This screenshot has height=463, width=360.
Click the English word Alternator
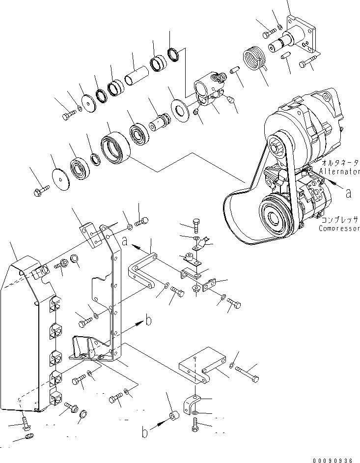[x=340, y=172]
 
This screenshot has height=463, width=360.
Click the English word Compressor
[x=339, y=228]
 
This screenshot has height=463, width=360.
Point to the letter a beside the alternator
[x=348, y=193]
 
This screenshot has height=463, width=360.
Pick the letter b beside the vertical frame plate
[x=148, y=321]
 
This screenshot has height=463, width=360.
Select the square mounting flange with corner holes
[x=301, y=37]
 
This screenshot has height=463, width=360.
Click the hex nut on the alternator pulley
[x=276, y=146]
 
